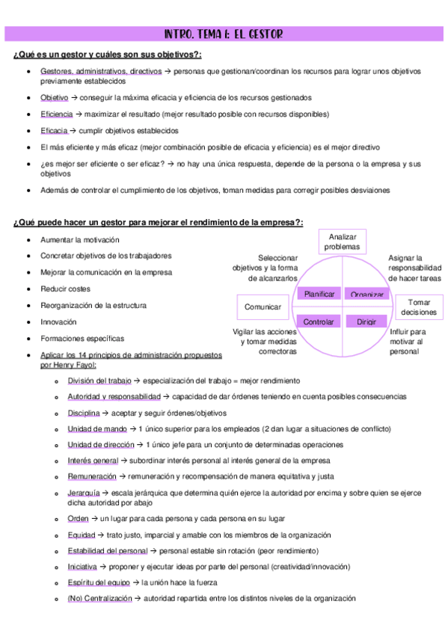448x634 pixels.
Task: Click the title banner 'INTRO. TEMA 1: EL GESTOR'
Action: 224,34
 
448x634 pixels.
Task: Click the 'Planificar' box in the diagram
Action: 319,294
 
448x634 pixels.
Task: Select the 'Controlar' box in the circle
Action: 319,321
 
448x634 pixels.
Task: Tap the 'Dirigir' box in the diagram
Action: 366,321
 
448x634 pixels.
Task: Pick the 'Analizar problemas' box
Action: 343,241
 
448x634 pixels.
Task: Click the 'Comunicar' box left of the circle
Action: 263,307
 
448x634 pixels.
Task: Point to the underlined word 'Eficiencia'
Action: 57,114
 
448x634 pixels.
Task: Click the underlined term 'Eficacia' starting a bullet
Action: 54,130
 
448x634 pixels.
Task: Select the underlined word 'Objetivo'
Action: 55,97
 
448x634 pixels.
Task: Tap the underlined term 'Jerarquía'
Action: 84,493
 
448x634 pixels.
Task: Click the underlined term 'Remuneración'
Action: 92,476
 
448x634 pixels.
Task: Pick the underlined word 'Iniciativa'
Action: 82,566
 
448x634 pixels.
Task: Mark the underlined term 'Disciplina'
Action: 83,413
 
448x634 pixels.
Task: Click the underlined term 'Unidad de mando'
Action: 95,428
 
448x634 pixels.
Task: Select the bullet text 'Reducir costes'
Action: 65,289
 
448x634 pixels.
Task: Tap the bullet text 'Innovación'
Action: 58,321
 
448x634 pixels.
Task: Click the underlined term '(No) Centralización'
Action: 99,598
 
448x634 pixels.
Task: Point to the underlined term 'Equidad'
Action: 82,535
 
